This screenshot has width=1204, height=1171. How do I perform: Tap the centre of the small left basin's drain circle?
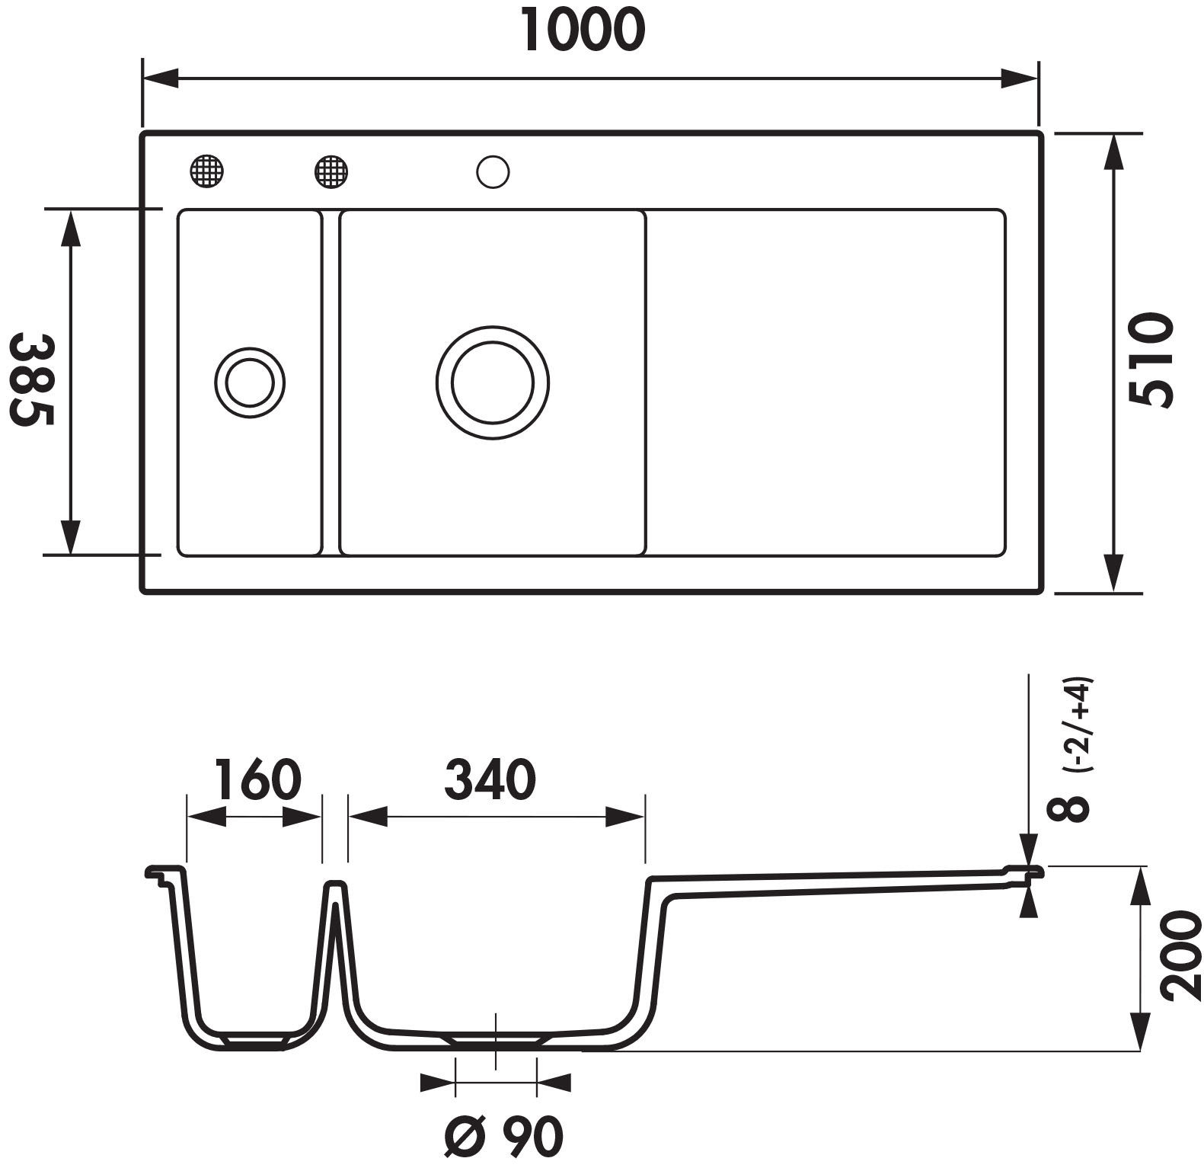coord(250,382)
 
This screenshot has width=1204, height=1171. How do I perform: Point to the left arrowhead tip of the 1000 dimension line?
coord(144,78)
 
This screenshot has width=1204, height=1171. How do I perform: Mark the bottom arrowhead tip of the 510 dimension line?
coord(1115,590)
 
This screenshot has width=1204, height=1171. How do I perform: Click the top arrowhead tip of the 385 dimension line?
coord(70,210)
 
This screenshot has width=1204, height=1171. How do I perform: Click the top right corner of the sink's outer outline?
coord(1040,133)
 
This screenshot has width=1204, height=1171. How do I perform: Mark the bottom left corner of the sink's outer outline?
coord(142,590)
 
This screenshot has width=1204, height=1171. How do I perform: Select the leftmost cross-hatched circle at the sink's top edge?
coord(207,171)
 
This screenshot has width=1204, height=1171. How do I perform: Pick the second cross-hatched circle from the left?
coord(331,171)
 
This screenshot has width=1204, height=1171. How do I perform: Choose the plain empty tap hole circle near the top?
coord(493,171)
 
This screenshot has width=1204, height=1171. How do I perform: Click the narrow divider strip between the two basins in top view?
coord(331,382)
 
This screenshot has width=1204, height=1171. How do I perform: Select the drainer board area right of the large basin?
coord(826,382)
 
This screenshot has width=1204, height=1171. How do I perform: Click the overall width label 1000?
coord(585,31)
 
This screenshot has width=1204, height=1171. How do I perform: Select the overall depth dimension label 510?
coord(1150,360)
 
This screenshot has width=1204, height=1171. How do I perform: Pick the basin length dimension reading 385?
coord(31,379)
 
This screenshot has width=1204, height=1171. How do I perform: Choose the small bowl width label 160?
coord(257,779)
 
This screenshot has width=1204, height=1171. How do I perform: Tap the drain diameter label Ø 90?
coord(504,1137)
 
